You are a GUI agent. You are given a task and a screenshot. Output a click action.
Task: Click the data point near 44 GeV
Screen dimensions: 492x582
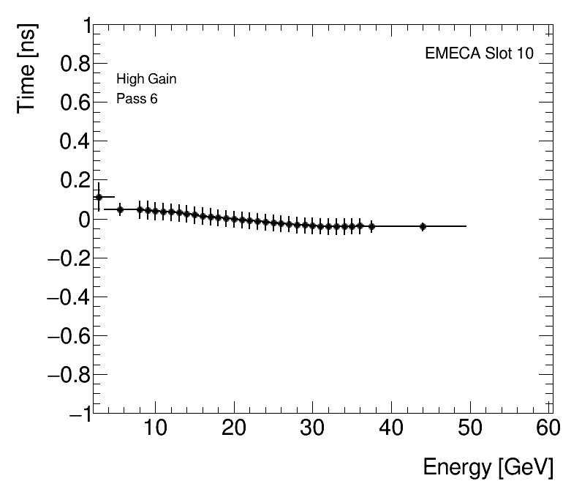point(423,227)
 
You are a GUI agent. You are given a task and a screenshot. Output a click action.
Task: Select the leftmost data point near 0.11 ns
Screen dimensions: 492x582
point(99,197)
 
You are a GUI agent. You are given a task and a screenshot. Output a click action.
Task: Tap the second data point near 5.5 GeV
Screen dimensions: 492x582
point(121,209)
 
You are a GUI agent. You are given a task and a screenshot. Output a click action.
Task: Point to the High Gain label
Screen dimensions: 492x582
point(146,79)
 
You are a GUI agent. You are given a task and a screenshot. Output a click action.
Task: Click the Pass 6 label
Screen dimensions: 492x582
point(137,99)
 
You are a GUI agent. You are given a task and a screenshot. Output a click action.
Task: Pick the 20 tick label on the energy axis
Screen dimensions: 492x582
point(234,428)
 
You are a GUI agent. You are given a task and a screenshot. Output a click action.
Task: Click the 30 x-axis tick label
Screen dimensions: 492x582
point(313,428)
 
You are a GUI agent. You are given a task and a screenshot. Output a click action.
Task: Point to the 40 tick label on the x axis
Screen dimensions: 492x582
point(392,428)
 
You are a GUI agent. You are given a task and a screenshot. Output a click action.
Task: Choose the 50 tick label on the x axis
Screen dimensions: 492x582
point(471,428)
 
